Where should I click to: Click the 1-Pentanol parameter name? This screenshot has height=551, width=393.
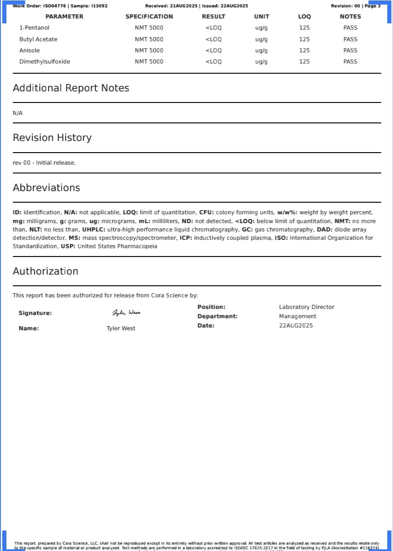pyautogui.click(x=34, y=28)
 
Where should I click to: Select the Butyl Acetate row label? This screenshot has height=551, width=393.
pyautogui.click(x=38, y=39)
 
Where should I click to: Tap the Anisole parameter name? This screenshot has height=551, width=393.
pyautogui.click(x=30, y=51)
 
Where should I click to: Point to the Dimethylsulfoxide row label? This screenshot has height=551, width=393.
pyautogui.click(x=44, y=62)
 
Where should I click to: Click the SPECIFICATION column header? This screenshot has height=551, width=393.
pyautogui.click(x=149, y=17)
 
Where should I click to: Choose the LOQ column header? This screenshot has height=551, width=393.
pyautogui.click(x=304, y=17)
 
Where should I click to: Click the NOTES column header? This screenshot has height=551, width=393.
pyautogui.click(x=350, y=17)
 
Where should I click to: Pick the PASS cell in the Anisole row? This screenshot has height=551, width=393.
pyautogui.click(x=350, y=51)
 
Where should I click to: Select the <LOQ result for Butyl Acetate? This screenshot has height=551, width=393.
pyautogui.click(x=214, y=39)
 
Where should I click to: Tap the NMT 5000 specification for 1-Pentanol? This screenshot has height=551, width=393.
pyautogui.click(x=149, y=28)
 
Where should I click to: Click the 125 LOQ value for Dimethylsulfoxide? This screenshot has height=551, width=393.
pyautogui.click(x=304, y=62)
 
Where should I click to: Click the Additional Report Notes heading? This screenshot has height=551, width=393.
pyautogui.click(x=71, y=88)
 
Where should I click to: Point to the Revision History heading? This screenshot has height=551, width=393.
pyautogui.click(x=52, y=138)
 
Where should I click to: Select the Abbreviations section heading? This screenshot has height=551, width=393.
pyautogui.click(x=46, y=188)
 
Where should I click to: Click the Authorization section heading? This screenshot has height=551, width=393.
pyautogui.click(x=45, y=271)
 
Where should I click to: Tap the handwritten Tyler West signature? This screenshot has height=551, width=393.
pyautogui.click(x=126, y=313)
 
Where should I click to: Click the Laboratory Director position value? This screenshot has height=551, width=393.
pyautogui.click(x=306, y=307)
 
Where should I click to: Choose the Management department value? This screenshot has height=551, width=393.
pyautogui.click(x=298, y=316)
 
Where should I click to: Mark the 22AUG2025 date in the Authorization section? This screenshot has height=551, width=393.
pyautogui.click(x=296, y=326)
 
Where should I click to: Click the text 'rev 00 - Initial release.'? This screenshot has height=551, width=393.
pyautogui.click(x=44, y=163)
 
